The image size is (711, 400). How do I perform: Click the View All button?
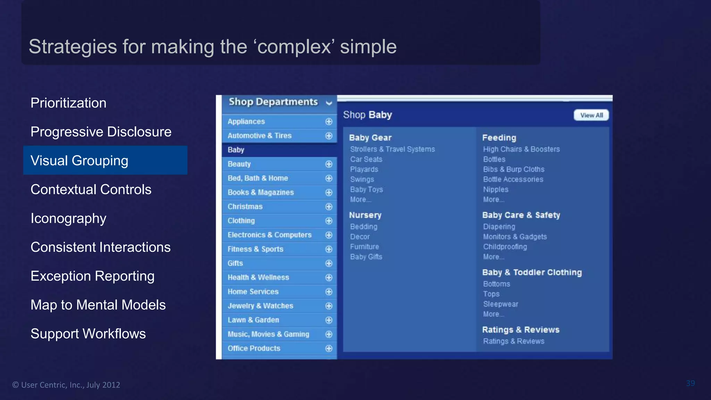click(x=591, y=115)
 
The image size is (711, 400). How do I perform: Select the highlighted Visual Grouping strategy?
click(x=80, y=160)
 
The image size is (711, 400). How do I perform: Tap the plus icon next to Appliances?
click(x=329, y=122)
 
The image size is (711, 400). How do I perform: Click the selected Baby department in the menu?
click(x=236, y=150)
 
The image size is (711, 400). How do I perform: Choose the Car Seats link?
click(x=366, y=159)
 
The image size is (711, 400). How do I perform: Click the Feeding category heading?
click(x=499, y=137)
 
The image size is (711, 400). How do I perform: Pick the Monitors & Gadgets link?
click(x=515, y=236)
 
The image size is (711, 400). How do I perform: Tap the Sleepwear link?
click(x=500, y=304)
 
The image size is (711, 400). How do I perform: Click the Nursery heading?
click(x=365, y=215)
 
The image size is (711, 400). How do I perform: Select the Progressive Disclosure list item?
click(x=101, y=132)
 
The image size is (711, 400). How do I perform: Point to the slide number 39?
click(x=690, y=383)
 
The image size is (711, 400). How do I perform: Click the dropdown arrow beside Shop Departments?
click(x=329, y=103)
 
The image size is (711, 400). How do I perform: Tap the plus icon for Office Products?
click(x=329, y=348)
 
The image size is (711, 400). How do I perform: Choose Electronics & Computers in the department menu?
click(x=269, y=235)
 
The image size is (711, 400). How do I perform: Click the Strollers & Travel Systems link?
click(x=392, y=149)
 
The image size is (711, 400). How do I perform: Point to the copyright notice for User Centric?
click(x=66, y=385)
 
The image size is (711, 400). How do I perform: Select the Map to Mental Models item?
click(x=98, y=305)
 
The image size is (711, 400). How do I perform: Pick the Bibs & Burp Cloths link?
click(x=513, y=169)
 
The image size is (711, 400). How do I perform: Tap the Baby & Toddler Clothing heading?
click(x=532, y=272)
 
